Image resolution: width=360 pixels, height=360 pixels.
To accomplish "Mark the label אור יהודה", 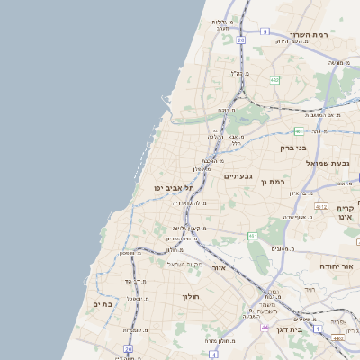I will (x=337, y=267).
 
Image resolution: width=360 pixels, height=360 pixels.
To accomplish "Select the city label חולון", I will (x=190, y=297).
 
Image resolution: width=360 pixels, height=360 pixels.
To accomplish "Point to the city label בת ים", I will (x=103, y=304).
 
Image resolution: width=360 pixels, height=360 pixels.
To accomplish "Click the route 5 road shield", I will (x=265, y=31).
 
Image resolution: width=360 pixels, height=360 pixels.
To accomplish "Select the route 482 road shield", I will (x=274, y=80).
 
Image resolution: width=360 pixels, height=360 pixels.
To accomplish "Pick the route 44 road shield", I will (x=265, y=328).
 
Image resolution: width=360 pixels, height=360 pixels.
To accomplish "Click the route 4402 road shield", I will (x=336, y=337).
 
